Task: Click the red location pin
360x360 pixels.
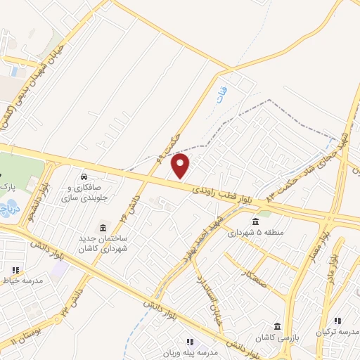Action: click(x=181, y=165)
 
